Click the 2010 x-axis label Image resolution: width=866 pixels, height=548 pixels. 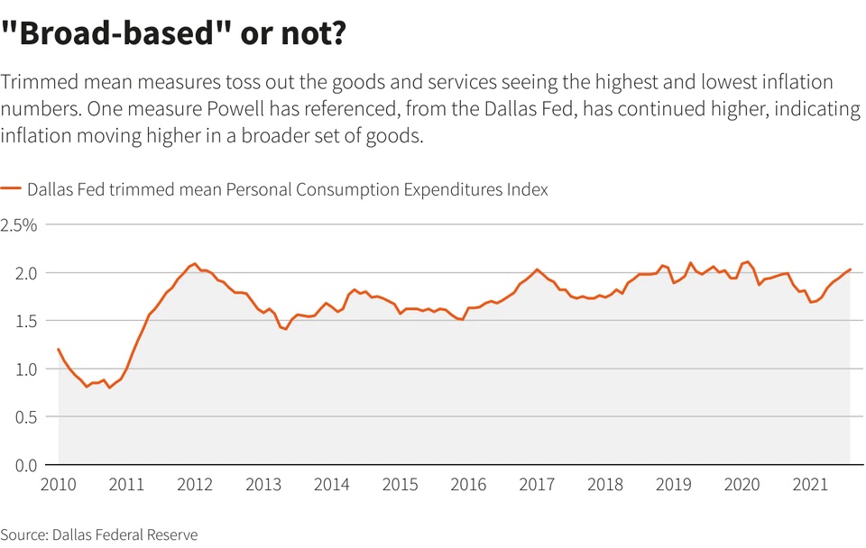point(59,484)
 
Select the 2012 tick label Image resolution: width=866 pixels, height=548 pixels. point(195,484)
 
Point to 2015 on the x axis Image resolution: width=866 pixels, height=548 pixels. point(400,484)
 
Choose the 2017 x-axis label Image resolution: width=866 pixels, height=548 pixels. point(537,484)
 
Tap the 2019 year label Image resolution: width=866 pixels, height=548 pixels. point(673,484)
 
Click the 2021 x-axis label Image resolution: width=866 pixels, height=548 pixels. point(810,484)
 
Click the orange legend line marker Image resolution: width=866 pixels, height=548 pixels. point(11,189)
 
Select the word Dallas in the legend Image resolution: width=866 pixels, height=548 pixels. point(51,189)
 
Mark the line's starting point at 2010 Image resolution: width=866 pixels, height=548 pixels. point(59,349)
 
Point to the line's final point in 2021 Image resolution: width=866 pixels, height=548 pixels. point(850,269)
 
